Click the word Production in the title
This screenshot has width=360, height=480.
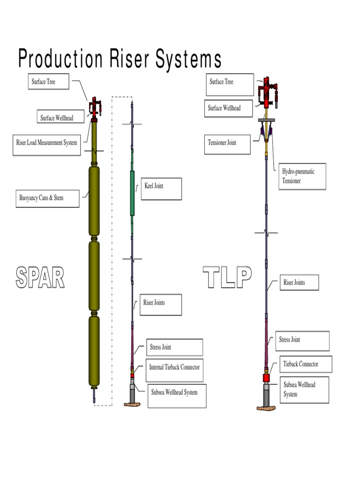pos(60,60)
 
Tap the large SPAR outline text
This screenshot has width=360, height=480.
pos(40,277)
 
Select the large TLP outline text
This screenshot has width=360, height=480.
pos(228,277)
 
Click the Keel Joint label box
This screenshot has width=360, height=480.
pos(161,188)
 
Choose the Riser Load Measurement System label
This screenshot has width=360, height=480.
pos(47,143)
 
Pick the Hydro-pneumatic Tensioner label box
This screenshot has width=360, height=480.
pos(302,176)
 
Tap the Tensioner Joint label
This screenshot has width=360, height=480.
pos(227,142)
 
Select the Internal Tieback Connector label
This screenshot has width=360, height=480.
pos(174,367)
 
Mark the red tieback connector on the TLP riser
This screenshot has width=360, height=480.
pos(267,378)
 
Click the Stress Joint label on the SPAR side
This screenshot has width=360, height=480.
pos(174,347)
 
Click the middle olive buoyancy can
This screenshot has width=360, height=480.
pos(94,275)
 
